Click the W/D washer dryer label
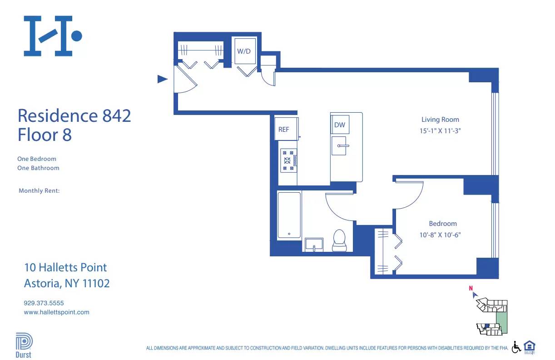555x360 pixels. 244,51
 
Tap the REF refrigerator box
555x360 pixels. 284,130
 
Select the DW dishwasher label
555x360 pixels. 339,125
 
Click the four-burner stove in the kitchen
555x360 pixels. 287,160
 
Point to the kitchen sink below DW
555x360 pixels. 339,146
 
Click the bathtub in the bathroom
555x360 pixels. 289,215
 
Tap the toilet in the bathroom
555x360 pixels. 339,240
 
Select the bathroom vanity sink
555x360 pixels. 314,244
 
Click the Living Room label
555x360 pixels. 440,120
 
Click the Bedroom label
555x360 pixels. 443,224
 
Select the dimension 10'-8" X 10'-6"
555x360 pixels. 443,235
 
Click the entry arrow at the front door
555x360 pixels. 162,79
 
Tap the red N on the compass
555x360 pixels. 471,288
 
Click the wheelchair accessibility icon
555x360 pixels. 516,347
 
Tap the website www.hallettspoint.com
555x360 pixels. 56,312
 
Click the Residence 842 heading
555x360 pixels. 74,115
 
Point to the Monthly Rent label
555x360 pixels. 39,191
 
